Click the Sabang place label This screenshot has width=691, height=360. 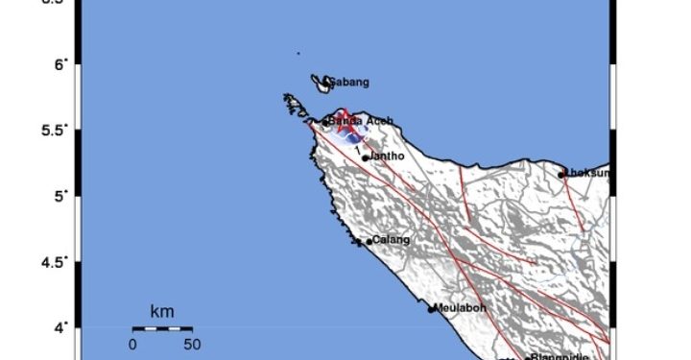[x=350, y=83]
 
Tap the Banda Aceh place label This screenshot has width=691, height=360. [x=357, y=120]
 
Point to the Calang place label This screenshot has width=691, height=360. [x=392, y=240]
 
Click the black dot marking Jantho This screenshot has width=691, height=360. [x=366, y=157]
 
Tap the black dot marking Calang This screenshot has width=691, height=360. [x=369, y=241]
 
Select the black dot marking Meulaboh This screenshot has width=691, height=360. [x=432, y=309]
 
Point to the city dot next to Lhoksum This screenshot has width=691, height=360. [x=561, y=175]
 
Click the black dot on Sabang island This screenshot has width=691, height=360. [x=327, y=81]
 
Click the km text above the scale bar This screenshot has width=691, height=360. [x=162, y=311]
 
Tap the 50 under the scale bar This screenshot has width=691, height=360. [x=191, y=344]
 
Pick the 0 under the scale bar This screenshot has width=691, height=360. [x=133, y=344]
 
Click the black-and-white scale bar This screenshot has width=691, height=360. [x=162, y=329]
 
